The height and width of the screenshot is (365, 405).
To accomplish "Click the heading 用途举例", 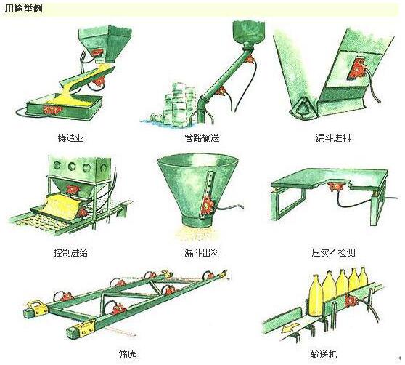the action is (x=23, y=9).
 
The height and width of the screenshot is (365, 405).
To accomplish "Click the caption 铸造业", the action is (x=71, y=138).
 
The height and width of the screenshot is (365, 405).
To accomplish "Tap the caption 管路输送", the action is (x=202, y=138).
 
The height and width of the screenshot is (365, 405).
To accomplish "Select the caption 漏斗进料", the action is (x=333, y=138).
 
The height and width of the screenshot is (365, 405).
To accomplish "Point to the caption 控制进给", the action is (x=71, y=252).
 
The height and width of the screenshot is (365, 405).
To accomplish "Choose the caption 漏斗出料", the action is (x=202, y=252).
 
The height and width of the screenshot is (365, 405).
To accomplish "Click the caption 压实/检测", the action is (x=333, y=252).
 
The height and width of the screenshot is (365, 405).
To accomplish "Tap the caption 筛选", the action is (x=127, y=354).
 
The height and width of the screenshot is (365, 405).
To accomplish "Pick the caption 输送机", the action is (x=324, y=354).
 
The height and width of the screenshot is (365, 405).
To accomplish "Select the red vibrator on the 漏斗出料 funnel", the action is (x=208, y=204).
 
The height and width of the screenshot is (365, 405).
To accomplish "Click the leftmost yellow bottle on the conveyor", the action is (x=315, y=296).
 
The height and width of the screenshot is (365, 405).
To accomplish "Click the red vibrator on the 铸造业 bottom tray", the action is (x=53, y=110).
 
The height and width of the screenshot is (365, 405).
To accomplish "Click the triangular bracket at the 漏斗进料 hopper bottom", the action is (x=302, y=107).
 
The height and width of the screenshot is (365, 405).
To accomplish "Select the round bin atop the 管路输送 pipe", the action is (x=249, y=32).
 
